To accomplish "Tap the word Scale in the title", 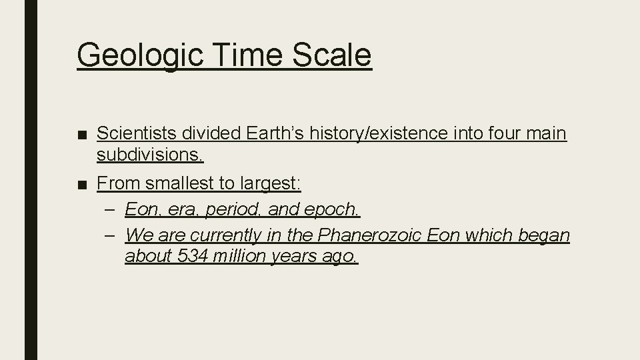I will click(331, 55).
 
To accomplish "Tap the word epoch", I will click(331, 209).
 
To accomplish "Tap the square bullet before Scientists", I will click(83, 135).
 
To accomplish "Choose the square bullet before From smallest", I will click(83, 183).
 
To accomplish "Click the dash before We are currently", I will click(110, 235).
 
